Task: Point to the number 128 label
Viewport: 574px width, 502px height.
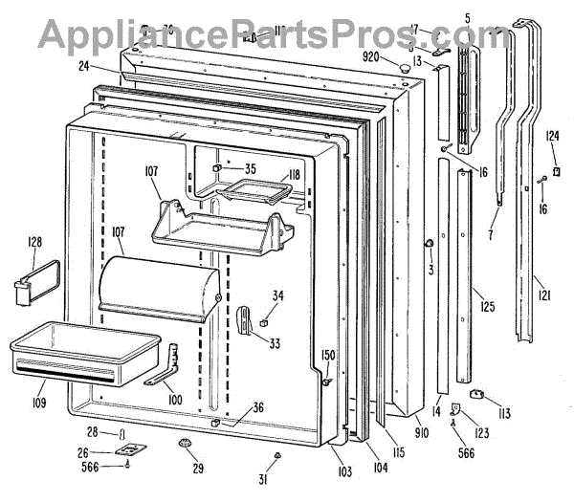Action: (x=34, y=243)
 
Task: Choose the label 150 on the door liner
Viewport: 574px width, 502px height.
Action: (x=328, y=356)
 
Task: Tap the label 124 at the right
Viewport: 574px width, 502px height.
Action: (x=553, y=136)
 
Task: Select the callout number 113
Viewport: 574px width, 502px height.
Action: (x=504, y=414)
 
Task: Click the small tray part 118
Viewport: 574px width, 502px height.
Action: (x=254, y=194)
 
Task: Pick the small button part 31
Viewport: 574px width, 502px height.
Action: (x=276, y=454)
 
